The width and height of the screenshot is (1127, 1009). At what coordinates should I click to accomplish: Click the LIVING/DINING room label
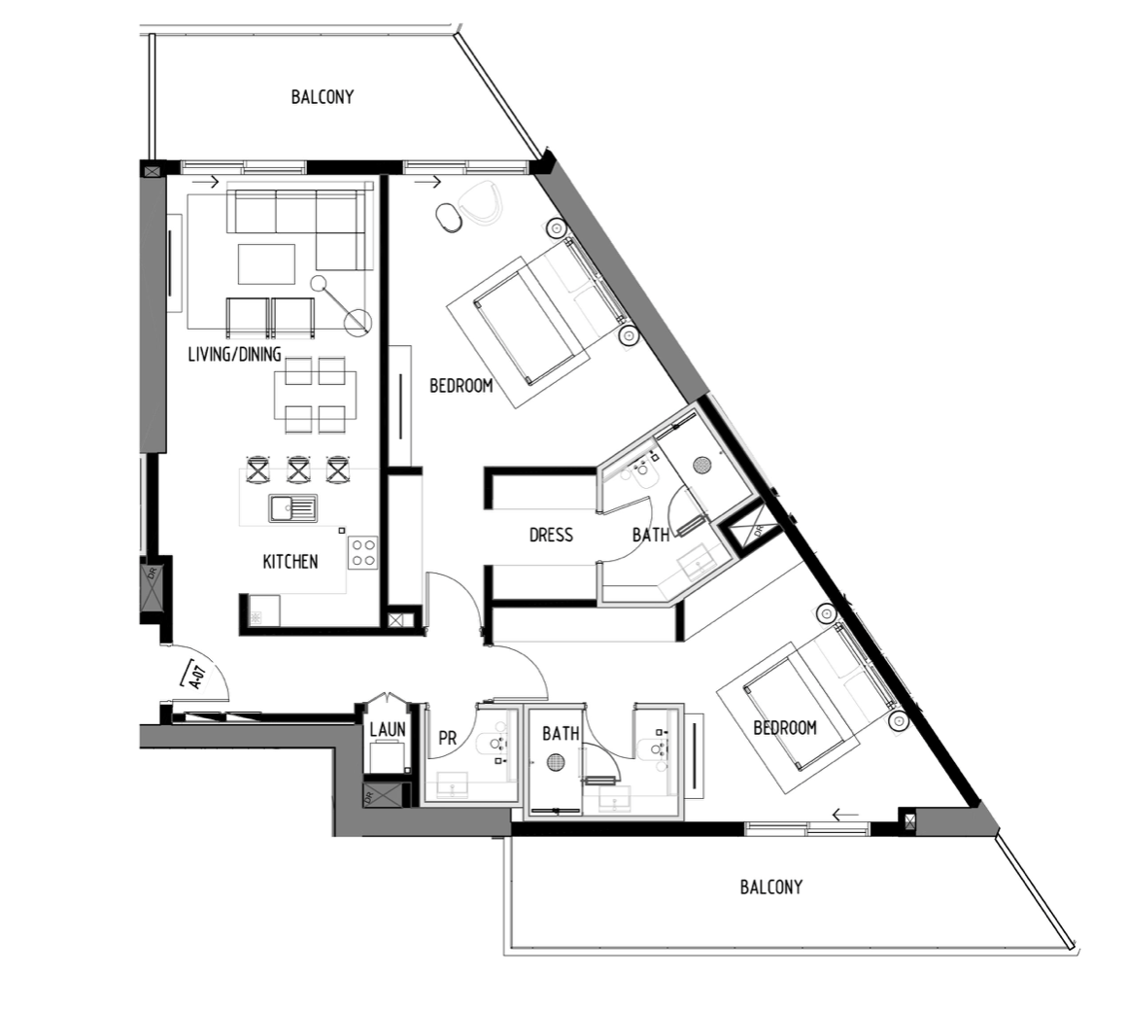click(x=234, y=354)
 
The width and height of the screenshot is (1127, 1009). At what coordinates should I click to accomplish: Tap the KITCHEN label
click(x=290, y=562)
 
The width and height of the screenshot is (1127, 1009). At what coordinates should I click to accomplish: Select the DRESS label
click(x=551, y=535)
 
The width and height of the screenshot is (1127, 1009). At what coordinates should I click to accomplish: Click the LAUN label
click(x=388, y=730)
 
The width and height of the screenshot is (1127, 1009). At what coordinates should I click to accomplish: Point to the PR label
click(x=447, y=739)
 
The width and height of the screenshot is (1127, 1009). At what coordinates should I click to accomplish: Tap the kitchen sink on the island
click(x=293, y=507)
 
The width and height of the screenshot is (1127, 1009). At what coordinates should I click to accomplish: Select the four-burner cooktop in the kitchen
click(x=363, y=553)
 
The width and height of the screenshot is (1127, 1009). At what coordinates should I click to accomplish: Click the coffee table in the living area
click(x=266, y=264)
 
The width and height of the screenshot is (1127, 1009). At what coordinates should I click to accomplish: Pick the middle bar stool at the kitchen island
click(x=298, y=470)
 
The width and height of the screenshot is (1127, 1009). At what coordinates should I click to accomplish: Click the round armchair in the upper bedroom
click(x=479, y=203)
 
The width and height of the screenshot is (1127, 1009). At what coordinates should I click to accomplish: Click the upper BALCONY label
click(x=322, y=97)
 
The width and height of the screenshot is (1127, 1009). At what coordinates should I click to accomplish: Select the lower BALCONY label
click(x=771, y=887)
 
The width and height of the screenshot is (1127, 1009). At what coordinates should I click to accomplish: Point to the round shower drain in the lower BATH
click(x=556, y=762)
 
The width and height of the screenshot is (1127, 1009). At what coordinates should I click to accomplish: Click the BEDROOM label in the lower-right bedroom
click(x=785, y=728)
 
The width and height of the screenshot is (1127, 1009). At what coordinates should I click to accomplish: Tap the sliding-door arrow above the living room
click(x=206, y=181)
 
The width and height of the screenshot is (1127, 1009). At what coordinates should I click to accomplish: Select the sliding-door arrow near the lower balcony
click(x=845, y=815)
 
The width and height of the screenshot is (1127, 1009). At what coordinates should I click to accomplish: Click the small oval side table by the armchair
click(x=450, y=217)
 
